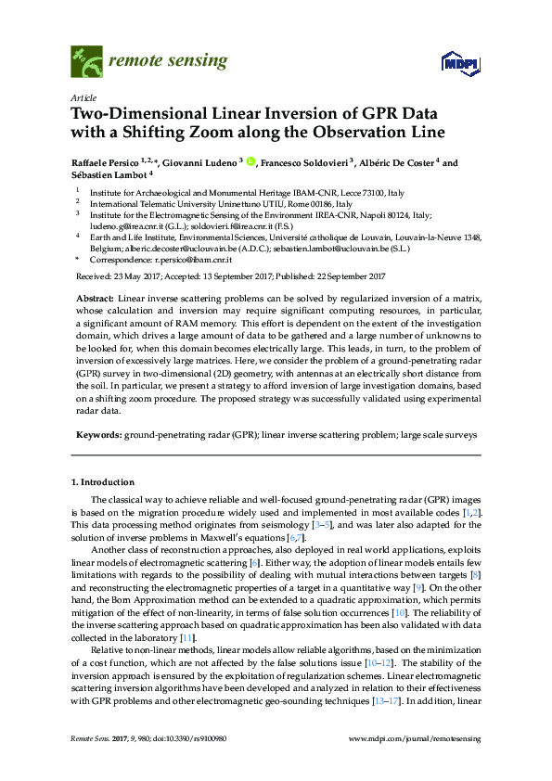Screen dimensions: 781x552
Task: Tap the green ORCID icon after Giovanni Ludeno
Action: (250, 162)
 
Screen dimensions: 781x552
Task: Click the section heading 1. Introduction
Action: (103, 482)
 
